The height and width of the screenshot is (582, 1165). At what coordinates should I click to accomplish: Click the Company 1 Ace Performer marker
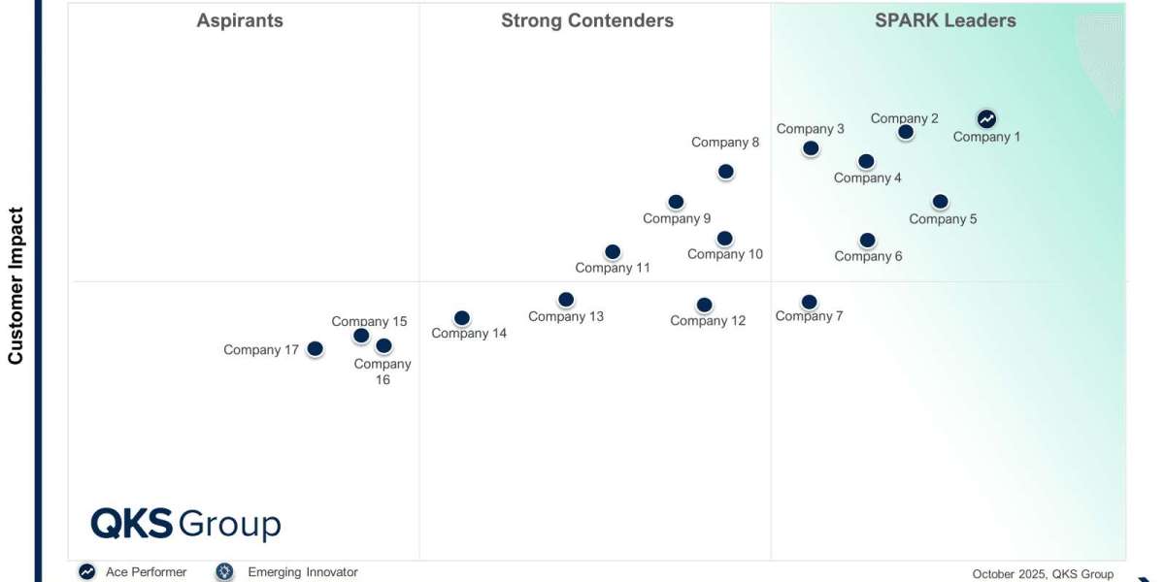[986, 118]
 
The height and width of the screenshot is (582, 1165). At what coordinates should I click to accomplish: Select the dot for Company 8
[725, 172]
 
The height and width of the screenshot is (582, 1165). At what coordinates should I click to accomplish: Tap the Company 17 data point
[315, 349]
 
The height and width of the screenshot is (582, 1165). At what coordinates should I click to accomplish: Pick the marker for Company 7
[809, 302]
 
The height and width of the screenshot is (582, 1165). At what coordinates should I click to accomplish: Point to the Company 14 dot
[462, 318]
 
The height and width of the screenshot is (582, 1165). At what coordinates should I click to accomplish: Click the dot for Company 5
[940, 202]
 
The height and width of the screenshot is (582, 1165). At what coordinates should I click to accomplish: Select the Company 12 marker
[705, 306]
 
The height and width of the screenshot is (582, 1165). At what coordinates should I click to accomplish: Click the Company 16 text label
[383, 372]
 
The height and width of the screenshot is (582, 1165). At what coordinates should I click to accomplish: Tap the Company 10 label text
[725, 255]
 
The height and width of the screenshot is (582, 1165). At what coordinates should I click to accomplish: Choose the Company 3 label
[811, 129]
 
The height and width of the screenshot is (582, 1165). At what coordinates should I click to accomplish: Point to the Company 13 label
[566, 316]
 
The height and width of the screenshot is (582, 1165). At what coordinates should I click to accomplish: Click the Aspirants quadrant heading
[240, 20]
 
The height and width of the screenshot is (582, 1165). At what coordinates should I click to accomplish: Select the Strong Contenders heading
[587, 20]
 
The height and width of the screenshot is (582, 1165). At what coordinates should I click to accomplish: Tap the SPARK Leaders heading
[946, 20]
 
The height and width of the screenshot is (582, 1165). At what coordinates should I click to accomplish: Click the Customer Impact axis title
[16, 285]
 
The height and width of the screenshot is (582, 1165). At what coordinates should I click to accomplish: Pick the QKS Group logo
[185, 524]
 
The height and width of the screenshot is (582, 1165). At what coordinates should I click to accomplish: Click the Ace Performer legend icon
[87, 572]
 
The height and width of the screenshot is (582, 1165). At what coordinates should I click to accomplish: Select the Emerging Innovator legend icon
[225, 572]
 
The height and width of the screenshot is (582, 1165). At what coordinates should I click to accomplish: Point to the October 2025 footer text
[1043, 574]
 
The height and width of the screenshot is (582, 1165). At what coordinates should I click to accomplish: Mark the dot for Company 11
[613, 252]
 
